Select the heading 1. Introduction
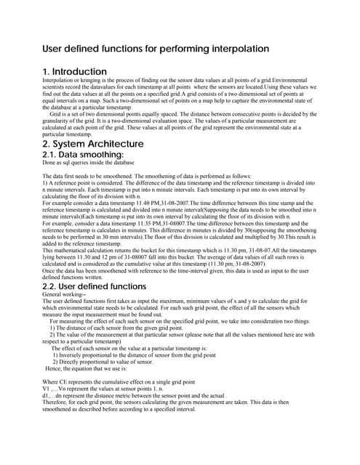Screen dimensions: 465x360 click(75, 71)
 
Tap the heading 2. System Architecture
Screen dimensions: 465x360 click(93, 144)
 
